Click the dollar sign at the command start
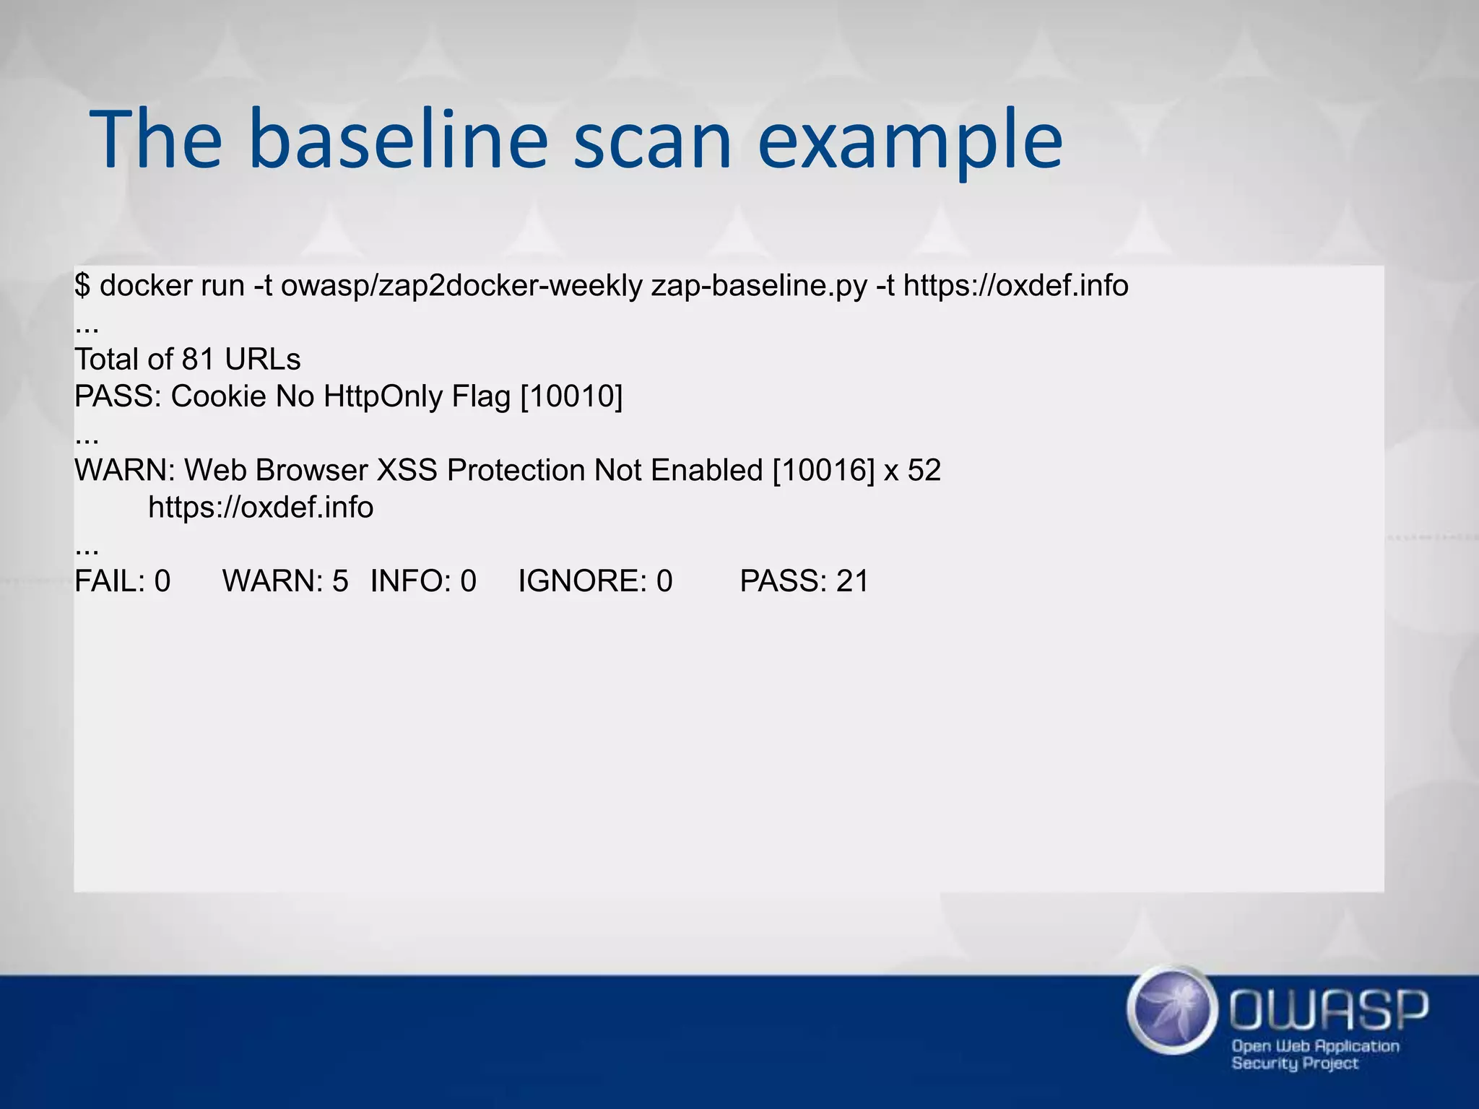(x=82, y=286)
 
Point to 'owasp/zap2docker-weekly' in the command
(x=461, y=286)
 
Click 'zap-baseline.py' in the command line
(x=758, y=286)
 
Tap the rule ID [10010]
(x=571, y=396)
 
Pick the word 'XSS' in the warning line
(x=407, y=470)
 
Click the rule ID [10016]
(x=823, y=470)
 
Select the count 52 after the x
(x=924, y=470)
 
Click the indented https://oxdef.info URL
(x=261, y=508)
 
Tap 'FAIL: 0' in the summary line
(x=123, y=581)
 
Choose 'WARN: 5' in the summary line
(x=285, y=581)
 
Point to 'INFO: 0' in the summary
(x=423, y=581)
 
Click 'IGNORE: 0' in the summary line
(x=595, y=581)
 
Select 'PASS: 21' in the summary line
(x=804, y=581)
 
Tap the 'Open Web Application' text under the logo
(x=1315, y=1046)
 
